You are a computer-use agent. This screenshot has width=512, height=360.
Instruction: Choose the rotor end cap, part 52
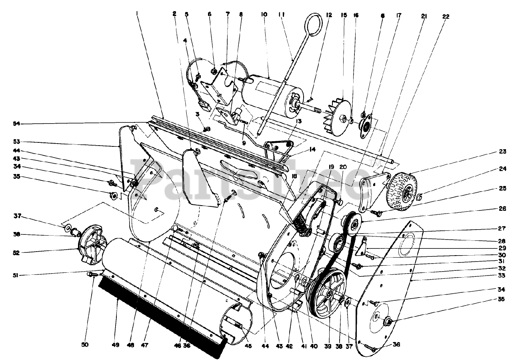coord(92,244)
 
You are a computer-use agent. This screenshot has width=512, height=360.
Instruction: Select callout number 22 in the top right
coord(446,16)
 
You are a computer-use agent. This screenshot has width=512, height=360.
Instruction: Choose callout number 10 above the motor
coord(263,15)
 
